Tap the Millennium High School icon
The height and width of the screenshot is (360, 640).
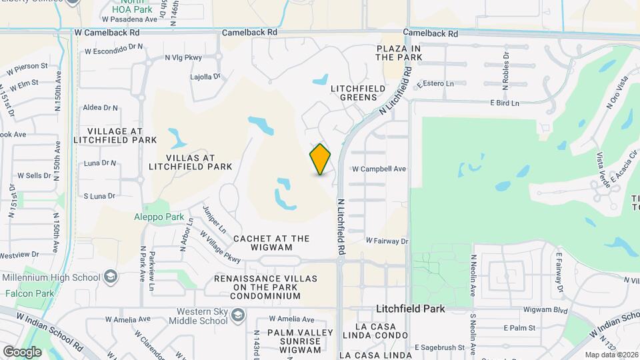(x=110, y=277)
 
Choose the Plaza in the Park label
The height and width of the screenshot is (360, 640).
(x=399, y=53)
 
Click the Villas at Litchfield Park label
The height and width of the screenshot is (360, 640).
(x=190, y=162)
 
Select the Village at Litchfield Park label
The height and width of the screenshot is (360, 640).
(x=121, y=135)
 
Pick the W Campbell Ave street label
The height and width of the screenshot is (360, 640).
(x=379, y=169)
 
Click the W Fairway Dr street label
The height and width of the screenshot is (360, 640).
(x=387, y=240)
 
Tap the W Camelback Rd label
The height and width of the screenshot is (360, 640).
(x=107, y=32)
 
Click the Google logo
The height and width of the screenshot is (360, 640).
(x=22, y=351)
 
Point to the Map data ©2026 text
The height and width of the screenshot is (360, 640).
(x=611, y=355)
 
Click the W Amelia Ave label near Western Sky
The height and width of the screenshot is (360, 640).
(x=292, y=320)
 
